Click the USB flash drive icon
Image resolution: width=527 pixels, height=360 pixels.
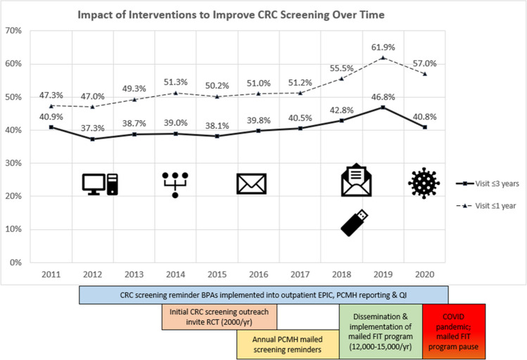tap(355, 221)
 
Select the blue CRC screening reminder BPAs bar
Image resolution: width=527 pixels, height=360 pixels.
tap(263, 295)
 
